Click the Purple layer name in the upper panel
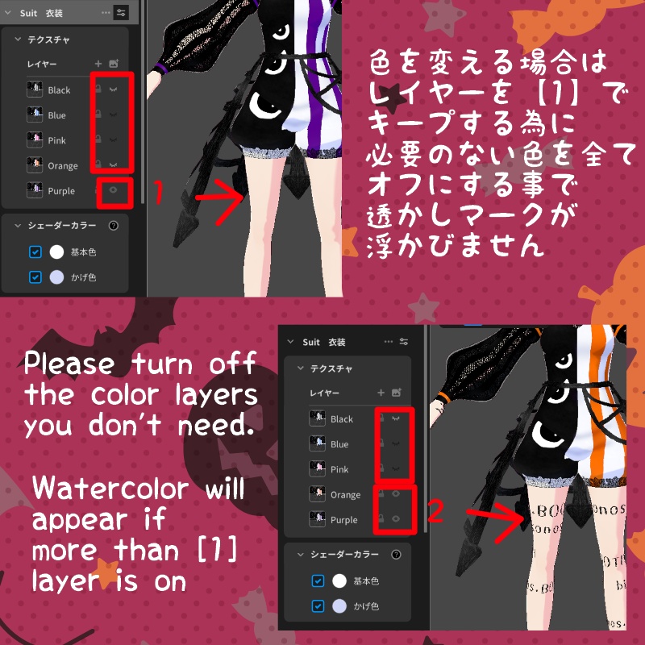61,191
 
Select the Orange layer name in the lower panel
345,495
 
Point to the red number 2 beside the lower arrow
435,512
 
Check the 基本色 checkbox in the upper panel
35,252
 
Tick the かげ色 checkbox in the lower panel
318,606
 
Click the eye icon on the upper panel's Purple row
113,191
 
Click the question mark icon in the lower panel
396,555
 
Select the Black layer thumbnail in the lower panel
317,418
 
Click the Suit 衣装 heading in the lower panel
324,342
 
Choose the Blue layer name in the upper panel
56,115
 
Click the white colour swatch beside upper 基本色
56,252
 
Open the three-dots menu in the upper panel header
106,13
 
